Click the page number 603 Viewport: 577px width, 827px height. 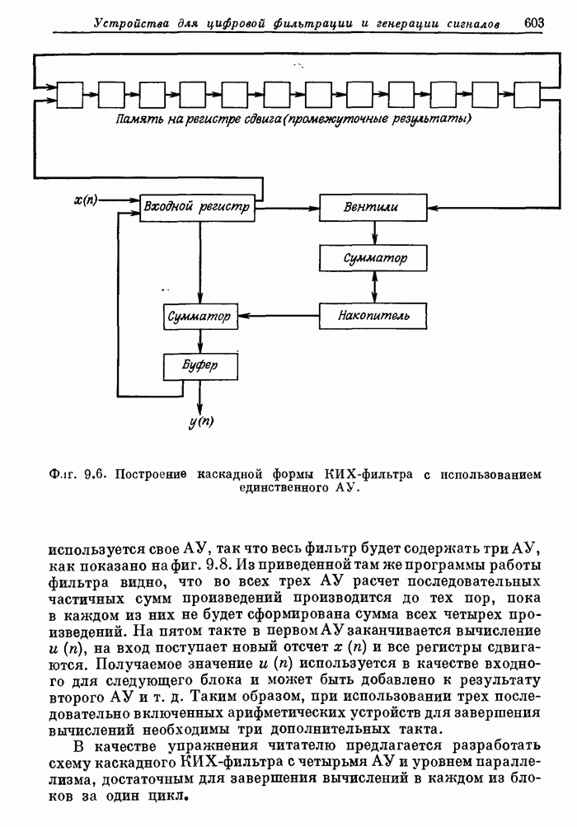coord(534,22)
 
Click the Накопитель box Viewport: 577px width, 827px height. coord(375,315)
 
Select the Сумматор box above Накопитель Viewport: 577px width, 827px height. coord(375,259)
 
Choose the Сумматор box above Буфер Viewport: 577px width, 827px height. coord(199,316)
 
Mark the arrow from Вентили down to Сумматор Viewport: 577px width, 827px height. coord(375,233)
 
